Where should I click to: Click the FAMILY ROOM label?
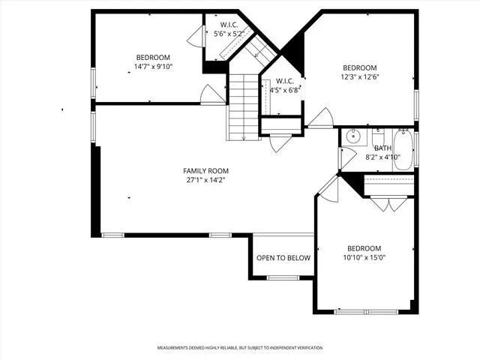pos(205,171)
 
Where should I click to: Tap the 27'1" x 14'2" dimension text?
pos(205,180)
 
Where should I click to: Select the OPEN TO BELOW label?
pos(283,258)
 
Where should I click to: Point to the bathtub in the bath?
pos(403,150)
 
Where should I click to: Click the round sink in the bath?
pos(353,136)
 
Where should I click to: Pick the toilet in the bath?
pos(378,138)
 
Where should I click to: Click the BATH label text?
pos(382,148)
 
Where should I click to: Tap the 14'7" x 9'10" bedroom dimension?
pos(153,67)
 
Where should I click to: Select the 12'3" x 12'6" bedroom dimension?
pos(360,76)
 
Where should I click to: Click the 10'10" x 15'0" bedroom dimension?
pos(364,258)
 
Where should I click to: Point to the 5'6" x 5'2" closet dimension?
pos(229,34)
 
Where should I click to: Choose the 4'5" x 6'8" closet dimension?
pos(285,90)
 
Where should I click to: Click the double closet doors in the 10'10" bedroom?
pos(389,205)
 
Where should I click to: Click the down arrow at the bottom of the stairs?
pos(244,137)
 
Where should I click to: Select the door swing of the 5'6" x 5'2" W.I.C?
pos(195,36)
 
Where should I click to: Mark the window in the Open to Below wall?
pos(283,278)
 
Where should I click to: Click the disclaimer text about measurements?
pos(240,348)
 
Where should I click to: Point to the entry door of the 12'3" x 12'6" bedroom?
pos(320,118)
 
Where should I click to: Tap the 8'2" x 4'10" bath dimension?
pos(383,157)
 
